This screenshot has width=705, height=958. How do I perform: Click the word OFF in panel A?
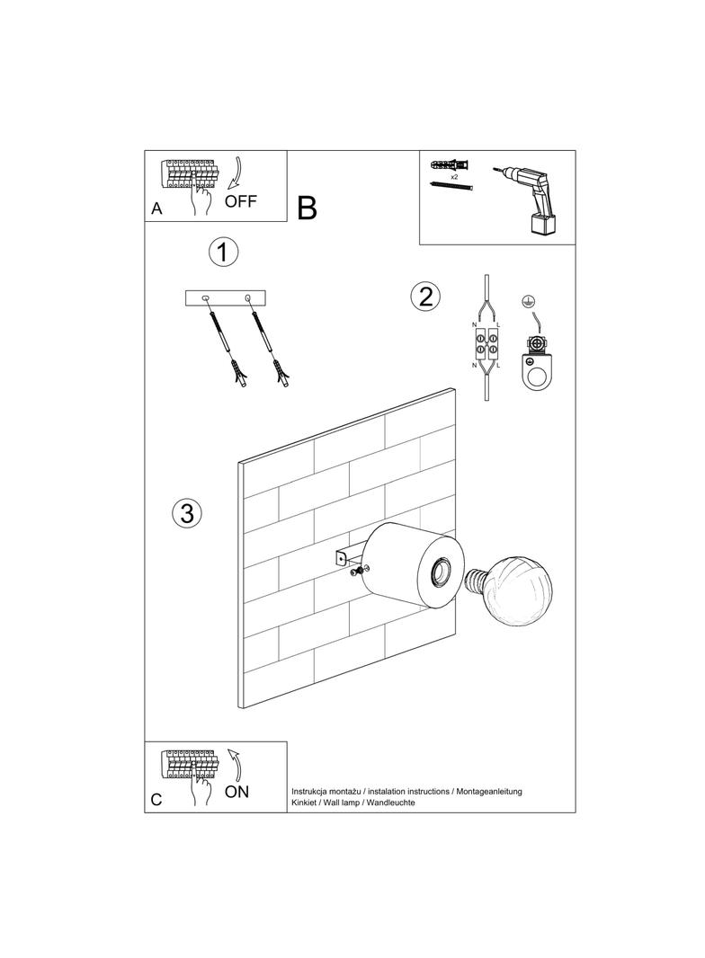[x=241, y=201]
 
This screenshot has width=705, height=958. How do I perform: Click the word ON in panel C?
[x=236, y=792]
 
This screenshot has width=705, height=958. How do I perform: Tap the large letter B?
[x=307, y=208]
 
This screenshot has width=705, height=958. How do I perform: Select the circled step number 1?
[x=222, y=252]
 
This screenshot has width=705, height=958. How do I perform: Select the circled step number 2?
[x=424, y=296]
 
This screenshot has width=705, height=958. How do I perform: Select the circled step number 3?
[x=186, y=513]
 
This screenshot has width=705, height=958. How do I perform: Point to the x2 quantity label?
[x=454, y=178]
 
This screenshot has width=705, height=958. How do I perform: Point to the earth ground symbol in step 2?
[x=531, y=302]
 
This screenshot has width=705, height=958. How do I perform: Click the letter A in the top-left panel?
[x=157, y=209]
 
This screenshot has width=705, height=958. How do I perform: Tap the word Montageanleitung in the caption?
[x=489, y=791]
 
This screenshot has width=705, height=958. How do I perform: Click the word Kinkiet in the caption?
[x=305, y=802]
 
